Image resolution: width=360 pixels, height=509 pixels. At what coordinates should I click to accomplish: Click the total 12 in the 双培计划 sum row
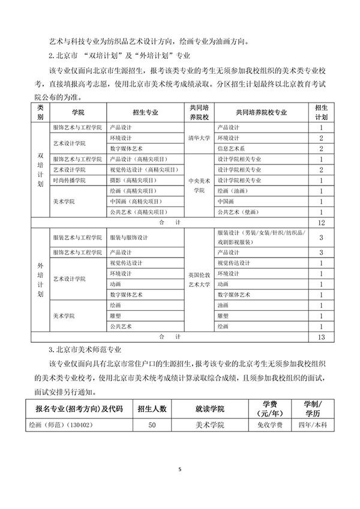point(322,223)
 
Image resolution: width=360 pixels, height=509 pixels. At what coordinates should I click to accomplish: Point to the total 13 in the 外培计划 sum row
point(322,337)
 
